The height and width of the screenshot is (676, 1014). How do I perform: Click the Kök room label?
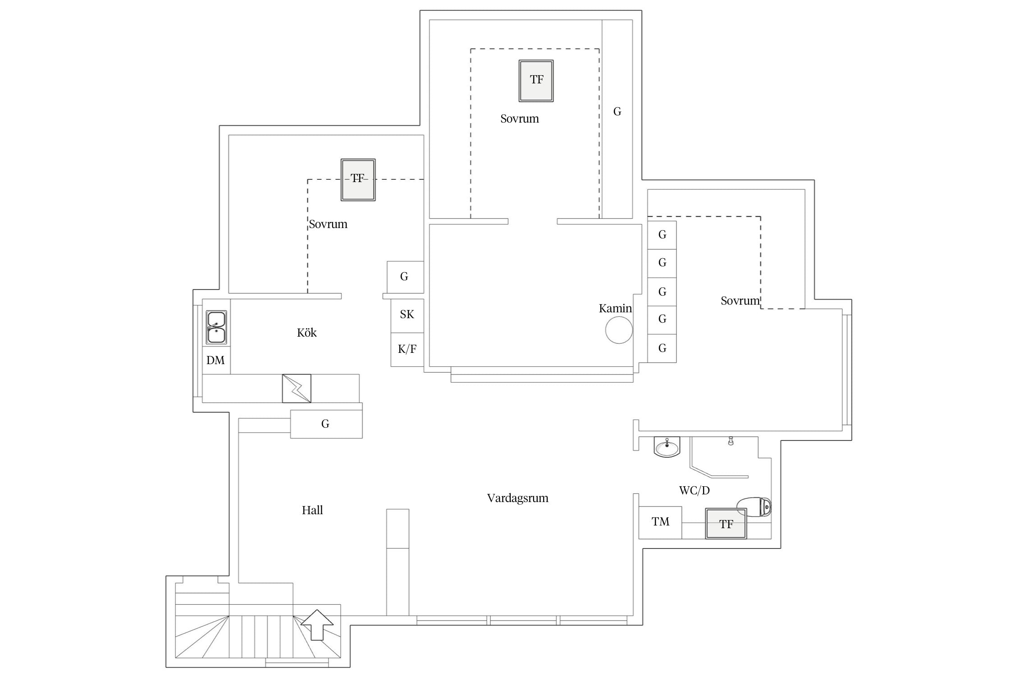click(x=306, y=333)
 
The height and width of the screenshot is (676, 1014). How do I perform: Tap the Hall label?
click(x=312, y=510)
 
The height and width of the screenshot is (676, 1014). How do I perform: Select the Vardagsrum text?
click(x=517, y=498)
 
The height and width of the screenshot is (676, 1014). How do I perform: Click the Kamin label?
click(x=615, y=308)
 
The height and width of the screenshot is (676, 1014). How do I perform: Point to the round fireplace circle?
click(x=619, y=330)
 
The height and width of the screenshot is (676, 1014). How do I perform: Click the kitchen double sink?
click(x=216, y=327)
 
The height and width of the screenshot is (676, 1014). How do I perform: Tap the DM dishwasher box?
click(x=216, y=360)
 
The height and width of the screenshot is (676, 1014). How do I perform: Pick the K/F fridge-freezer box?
click(x=407, y=350)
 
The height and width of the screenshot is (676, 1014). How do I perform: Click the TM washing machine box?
click(x=660, y=522)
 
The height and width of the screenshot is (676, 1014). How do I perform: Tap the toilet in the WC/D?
click(x=754, y=507)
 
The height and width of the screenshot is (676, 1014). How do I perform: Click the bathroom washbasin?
click(x=667, y=447)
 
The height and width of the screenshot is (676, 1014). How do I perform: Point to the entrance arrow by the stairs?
click(x=317, y=625)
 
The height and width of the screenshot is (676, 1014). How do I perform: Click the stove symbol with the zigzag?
click(x=297, y=388)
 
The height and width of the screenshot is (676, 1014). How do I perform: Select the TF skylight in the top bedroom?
click(x=536, y=81)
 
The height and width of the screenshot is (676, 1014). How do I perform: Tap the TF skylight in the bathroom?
click(x=726, y=523)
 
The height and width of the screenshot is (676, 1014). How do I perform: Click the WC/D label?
click(x=694, y=490)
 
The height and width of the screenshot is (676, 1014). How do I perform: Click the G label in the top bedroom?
click(x=617, y=111)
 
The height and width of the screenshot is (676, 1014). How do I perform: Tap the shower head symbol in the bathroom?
click(x=731, y=441)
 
